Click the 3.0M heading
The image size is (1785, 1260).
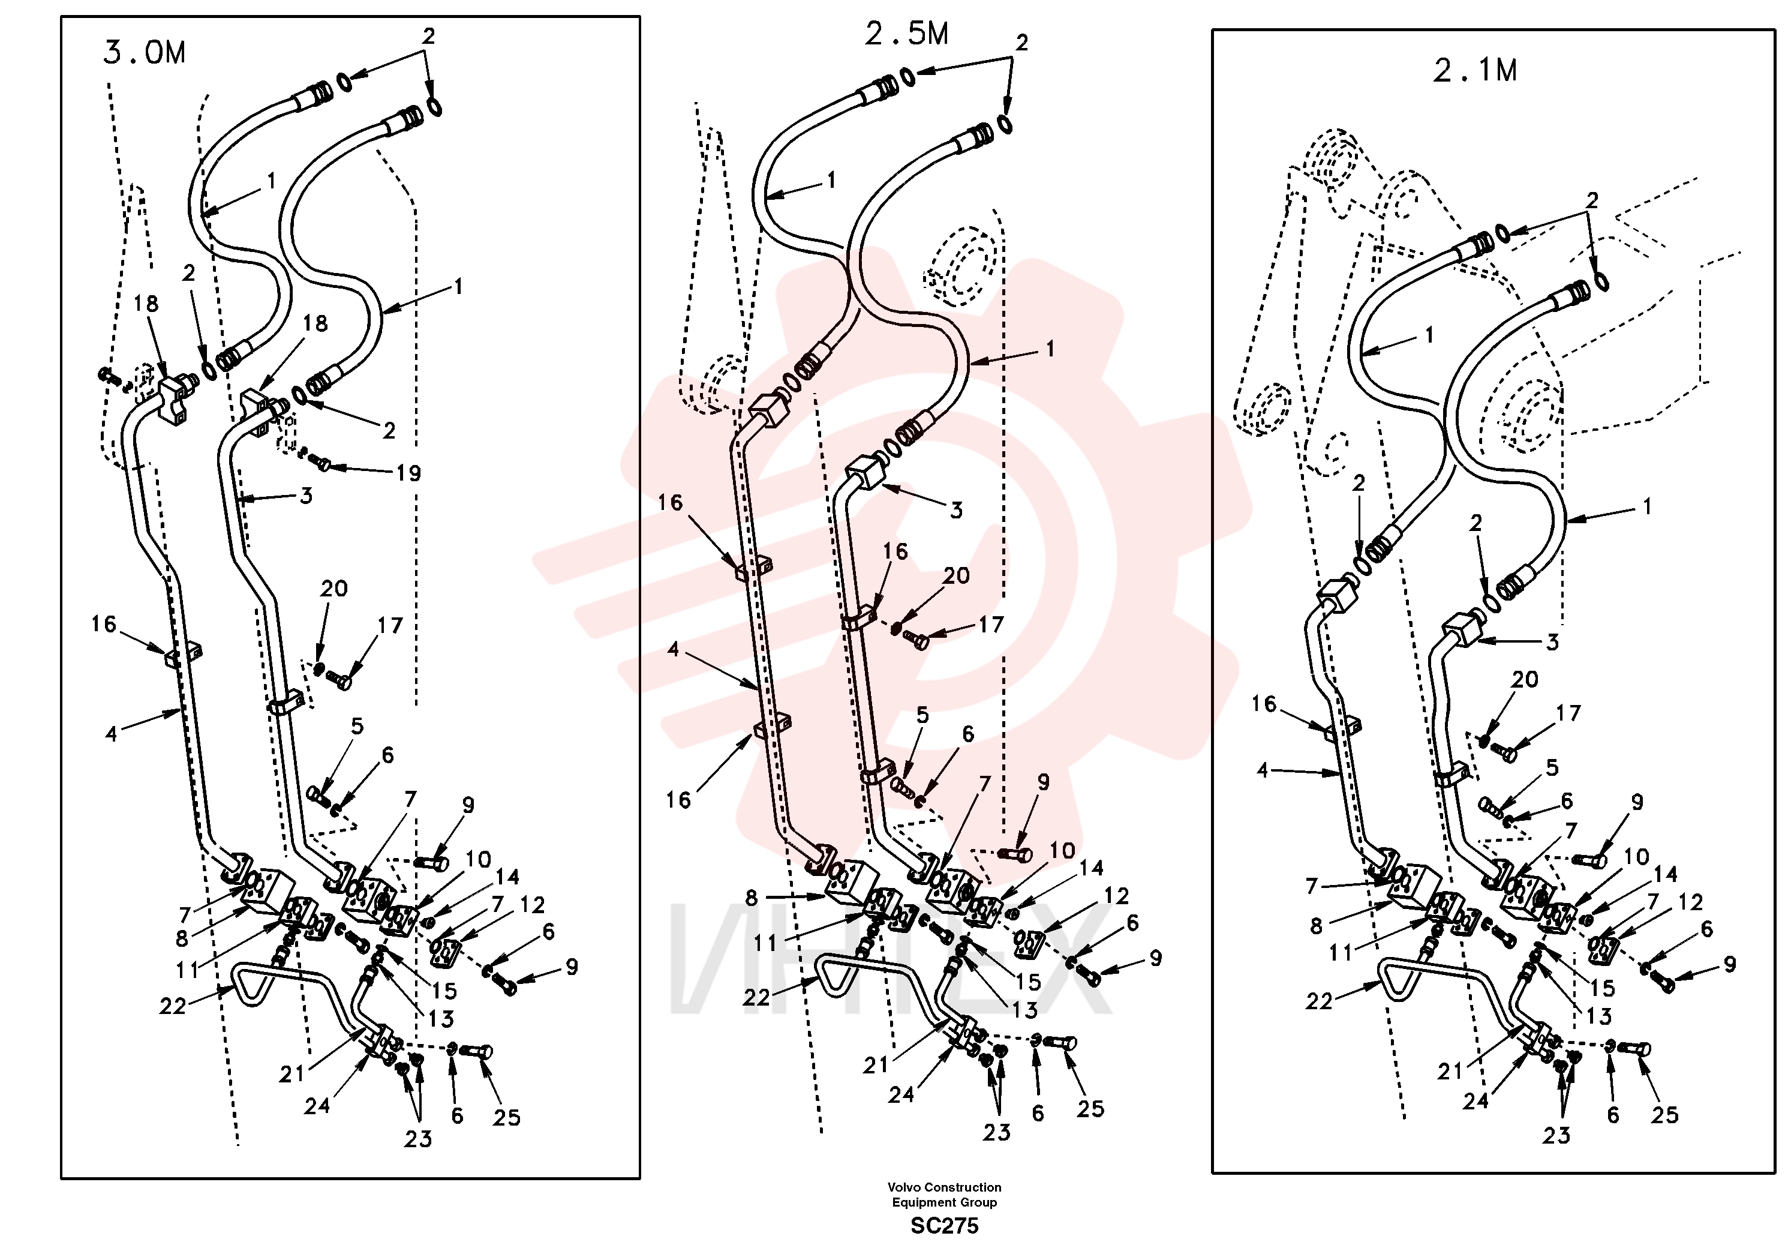(145, 53)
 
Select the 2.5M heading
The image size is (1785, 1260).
(906, 34)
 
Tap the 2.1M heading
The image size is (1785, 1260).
(1475, 71)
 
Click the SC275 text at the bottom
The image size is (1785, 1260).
(945, 1226)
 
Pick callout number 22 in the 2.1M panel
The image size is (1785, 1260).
(1320, 1001)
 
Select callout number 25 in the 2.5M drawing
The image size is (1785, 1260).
(1090, 1109)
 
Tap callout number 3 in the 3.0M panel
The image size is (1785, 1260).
(306, 496)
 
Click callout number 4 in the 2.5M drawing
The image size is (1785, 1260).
(673, 649)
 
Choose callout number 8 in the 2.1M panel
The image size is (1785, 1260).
(1316, 926)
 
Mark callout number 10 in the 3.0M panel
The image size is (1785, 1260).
(478, 859)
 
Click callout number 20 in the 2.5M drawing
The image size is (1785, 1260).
(956, 575)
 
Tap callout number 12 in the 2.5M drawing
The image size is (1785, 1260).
(1116, 896)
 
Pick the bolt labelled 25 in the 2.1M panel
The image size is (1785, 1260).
(1635, 1048)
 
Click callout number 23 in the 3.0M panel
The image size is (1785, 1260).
(417, 1139)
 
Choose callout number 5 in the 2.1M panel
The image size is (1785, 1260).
(1552, 767)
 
